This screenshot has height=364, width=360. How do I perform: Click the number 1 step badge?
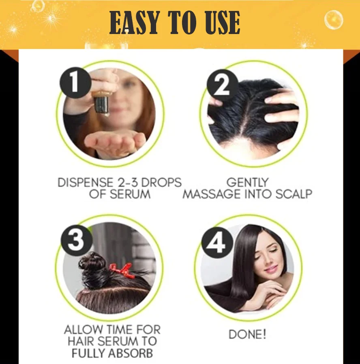[x=75, y=83]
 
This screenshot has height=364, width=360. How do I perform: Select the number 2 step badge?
[x=223, y=85]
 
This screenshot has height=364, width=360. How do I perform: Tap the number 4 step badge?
[x=217, y=243]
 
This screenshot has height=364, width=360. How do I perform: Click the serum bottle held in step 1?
[x=101, y=103]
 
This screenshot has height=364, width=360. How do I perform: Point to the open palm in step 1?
[x=115, y=142]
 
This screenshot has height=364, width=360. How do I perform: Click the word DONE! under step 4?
[x=247, y=334]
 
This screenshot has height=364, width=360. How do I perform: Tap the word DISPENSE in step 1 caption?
[x=85, y=183]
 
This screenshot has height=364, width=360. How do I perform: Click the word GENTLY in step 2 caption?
[x=247, y=183]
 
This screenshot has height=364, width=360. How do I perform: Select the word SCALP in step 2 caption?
[x=294, y=194]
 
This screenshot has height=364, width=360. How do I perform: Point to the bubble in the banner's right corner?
[x=334, y=19]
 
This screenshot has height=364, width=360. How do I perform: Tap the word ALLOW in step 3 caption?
[x=83, y=330]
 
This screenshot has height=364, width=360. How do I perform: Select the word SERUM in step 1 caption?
[x=130, y=194]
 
